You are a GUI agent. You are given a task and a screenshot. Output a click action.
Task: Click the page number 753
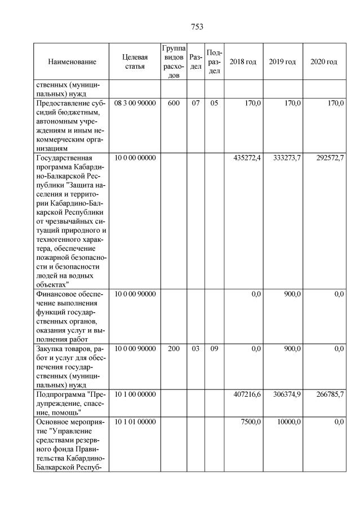coord(197,26)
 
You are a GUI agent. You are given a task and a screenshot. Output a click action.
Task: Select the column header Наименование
coord(72,61)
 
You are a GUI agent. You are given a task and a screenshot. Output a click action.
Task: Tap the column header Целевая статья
coord(135,61)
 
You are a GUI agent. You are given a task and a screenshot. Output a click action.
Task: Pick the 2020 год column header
coord(323,61)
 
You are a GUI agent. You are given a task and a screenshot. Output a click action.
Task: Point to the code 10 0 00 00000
coord(135,158)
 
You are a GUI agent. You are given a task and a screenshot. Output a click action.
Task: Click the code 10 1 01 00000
coord(135,421)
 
